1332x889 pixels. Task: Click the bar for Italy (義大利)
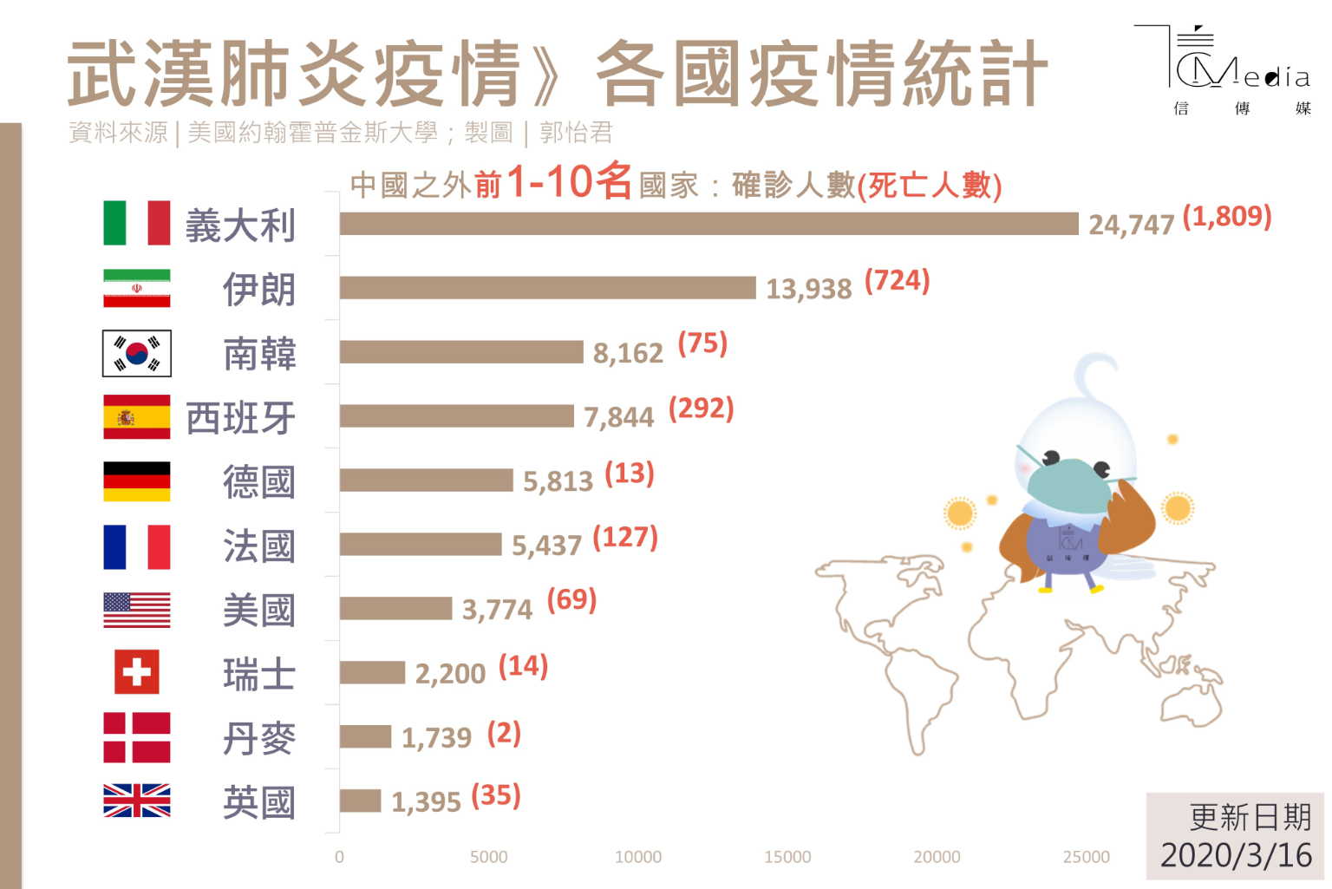click(708, 224)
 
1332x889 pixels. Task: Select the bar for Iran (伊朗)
click(547, 288)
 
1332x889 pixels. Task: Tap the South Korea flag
click(137, 354)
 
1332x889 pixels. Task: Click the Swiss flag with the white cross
click(137, 672)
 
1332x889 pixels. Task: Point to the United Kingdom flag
click(137, 801)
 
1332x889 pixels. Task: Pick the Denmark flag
click(137, 737)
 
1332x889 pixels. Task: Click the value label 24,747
click(1131, 226)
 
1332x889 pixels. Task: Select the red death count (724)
click(897, 281)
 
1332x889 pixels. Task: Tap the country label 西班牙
click(240, 418)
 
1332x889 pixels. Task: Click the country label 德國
click(258, 482)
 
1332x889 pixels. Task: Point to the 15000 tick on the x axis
click(787, 857)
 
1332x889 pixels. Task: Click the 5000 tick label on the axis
click(488, 857)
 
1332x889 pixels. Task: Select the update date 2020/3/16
click(1236, 855)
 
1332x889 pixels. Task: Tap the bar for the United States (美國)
click(395, 608)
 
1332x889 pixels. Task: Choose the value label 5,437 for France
click(546, 546)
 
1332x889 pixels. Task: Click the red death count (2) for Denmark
click(504, 734)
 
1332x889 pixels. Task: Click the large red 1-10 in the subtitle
click(550, 182)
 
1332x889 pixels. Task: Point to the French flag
click(137, 546)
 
